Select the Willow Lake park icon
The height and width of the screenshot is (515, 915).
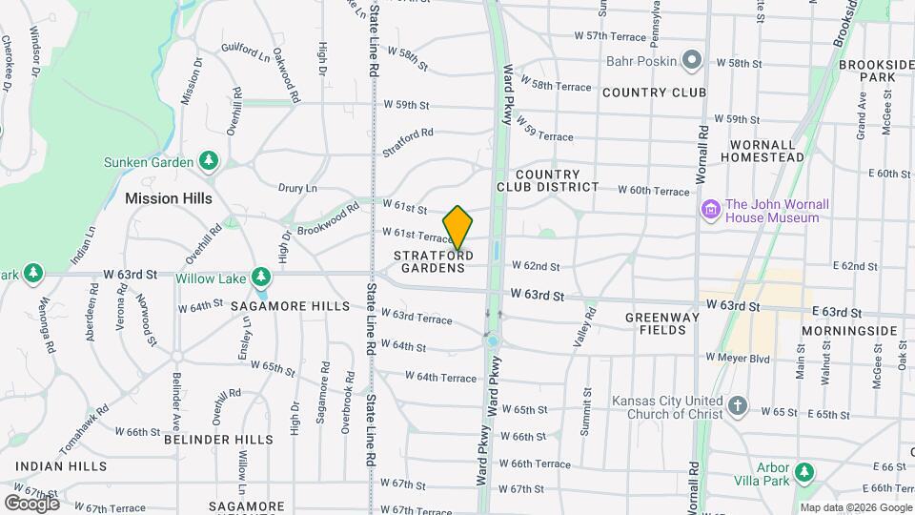[261, 278]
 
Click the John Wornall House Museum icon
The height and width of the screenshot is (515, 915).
[710, 209]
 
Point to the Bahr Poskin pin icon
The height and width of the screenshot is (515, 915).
[692, 62]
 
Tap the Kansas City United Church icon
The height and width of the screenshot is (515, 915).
[737, 406]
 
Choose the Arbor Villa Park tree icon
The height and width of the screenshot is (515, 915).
[804, 473]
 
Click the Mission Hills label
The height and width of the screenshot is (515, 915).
[169, 198]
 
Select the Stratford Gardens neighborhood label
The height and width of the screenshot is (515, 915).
[433, 261]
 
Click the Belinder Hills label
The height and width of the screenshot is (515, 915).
[218, 440]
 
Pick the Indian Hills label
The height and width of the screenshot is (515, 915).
[61, 467]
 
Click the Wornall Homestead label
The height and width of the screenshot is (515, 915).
[766, 151]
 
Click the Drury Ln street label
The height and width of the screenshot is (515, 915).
[296, 189]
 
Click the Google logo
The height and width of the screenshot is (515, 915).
[31, 503]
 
